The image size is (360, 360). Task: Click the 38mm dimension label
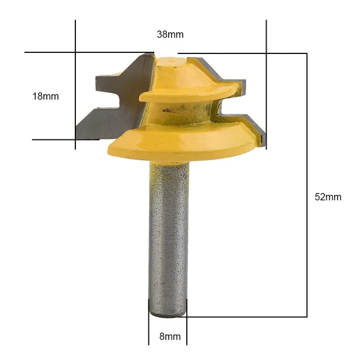click(170, 34)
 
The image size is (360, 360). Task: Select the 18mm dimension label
click(46, 96)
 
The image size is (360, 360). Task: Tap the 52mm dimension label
click(328, 197)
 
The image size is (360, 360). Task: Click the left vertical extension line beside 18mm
click(75, 84)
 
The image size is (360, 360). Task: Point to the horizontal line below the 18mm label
click(53, 139)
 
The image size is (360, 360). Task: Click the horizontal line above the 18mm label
click(51, 53)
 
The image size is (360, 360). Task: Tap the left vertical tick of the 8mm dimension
click(149, 326)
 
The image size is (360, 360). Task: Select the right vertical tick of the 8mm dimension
click(187, 326)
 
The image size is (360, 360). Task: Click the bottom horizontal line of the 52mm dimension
click(247, 317)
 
